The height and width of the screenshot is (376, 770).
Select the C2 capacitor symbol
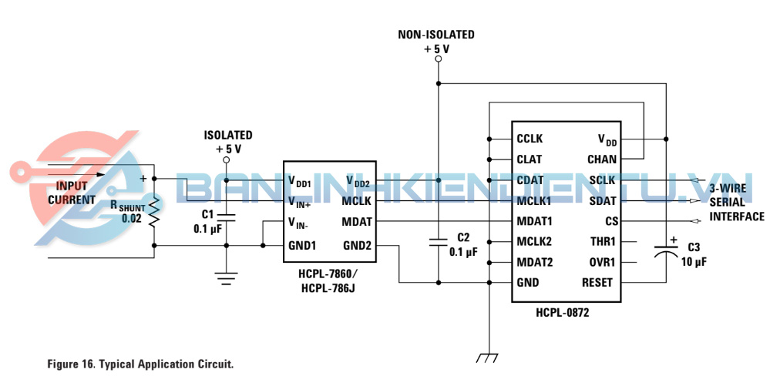(x=438, y=242)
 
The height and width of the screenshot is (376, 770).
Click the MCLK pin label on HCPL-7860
(x=357, y=201)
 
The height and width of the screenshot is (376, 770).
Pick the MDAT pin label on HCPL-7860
(x=357, y=222)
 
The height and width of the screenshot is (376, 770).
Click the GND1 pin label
(x=302, y=246)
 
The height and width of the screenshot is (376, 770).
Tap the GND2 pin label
(x=357, y=246)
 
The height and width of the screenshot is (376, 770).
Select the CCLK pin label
(x=530, y=139)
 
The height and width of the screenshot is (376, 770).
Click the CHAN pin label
(x=602, y=159)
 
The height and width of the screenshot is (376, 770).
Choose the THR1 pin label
(x=601, y=242)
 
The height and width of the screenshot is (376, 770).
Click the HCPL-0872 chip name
(x=567, y=314)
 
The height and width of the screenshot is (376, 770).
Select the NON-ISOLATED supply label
(x=436, y=35)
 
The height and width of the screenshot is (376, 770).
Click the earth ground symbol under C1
(x=226, y=278)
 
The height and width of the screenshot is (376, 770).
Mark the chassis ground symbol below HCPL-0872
(x=487, y=358)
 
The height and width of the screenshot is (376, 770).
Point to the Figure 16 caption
(x=140, y=363)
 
